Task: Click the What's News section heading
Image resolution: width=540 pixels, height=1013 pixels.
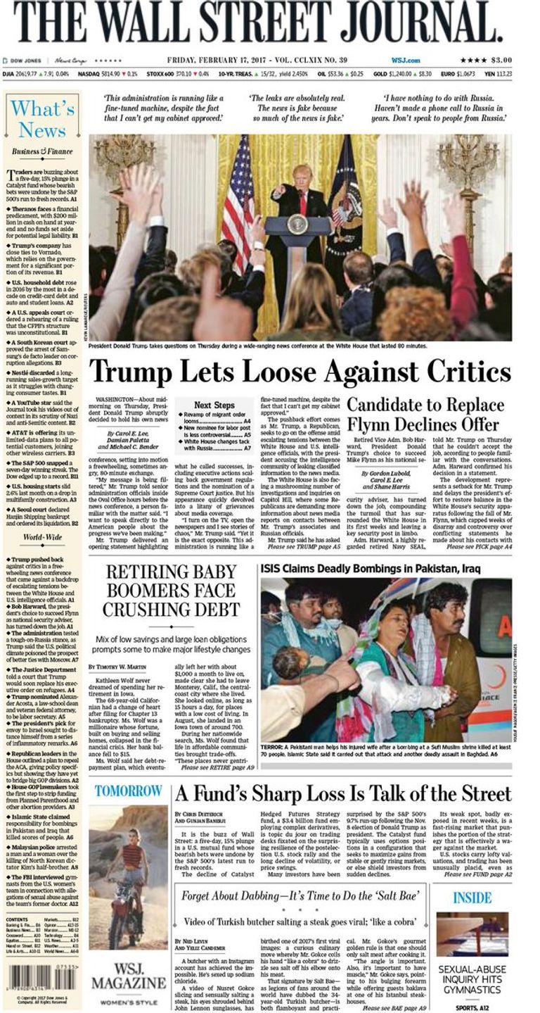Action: point(42,119)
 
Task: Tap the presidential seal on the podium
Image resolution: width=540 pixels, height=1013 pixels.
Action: point(297,225)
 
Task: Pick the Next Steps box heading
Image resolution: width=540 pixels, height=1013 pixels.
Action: point(214,405)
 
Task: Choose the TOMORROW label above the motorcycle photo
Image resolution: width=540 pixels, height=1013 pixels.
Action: point(128,791)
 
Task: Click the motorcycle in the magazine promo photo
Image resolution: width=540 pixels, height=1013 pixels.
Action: point(126,908)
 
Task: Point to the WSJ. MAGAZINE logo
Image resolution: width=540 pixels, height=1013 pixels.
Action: point(129,976)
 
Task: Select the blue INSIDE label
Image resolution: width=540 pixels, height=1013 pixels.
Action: point(472,898)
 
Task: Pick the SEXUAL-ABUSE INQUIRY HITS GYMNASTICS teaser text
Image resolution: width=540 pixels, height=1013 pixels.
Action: point(472,979)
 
